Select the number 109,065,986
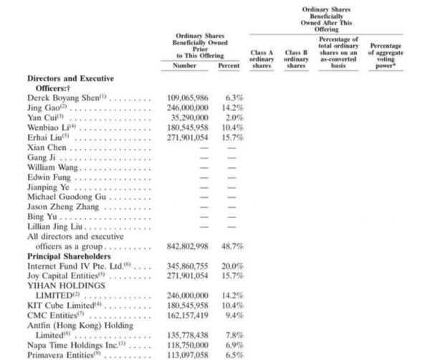click(187, 97)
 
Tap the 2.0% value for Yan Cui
click(234, 117)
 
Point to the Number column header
click(184, 65)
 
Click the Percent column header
click(229, 65)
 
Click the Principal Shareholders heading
click(69, 255)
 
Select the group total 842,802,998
click(187, 245)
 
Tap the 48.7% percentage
click(232, 245)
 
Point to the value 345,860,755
click(187, 265)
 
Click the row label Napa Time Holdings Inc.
click(72, 344)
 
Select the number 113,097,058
click(187, 354)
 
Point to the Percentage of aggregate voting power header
click(386, 54)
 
